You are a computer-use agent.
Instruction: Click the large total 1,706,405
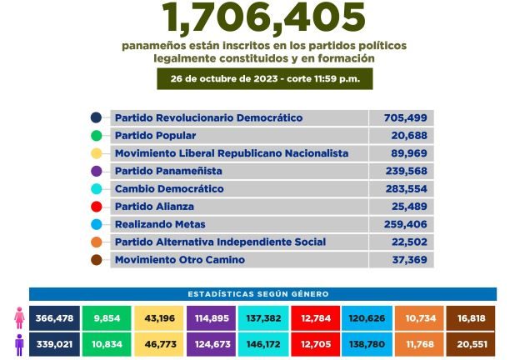click(x=264, y=17)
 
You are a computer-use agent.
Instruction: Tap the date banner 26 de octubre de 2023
click(x=264, y=78)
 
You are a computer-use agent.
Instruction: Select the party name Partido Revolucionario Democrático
click(x=208, y=118)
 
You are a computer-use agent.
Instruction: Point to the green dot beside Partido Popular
click(x=97, y=136)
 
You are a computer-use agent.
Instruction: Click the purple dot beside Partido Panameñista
click(x=97, y=171)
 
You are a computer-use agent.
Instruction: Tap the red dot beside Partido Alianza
click(x=97, y=207)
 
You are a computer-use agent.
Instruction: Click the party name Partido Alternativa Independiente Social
click(x=220, y=242)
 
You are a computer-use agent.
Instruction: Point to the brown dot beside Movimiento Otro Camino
click(x=97, y=260)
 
